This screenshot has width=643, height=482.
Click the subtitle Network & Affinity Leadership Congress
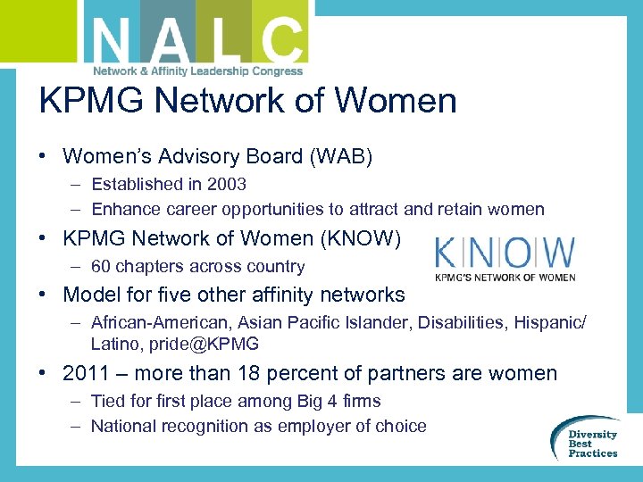tap(198, 71)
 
